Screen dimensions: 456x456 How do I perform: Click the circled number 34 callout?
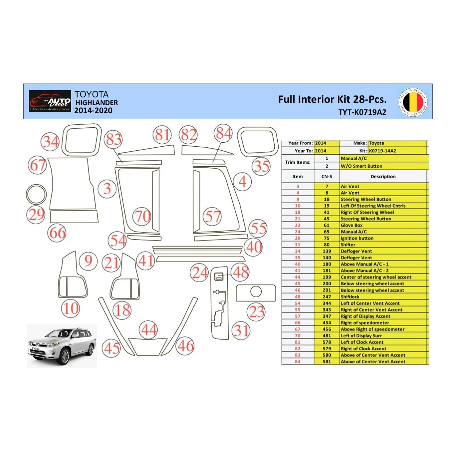[x=50, y=142]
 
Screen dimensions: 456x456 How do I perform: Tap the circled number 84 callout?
[x=223, y=134]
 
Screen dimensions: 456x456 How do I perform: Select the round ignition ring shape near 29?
[x=36, y=194]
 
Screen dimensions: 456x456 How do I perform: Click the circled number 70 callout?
[x=142, y=216]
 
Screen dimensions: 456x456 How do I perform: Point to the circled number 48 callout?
[x=241, y=272]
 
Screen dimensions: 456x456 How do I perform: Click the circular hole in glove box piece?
[x=256, y=291]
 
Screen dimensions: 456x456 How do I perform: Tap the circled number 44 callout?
[x=149, y=330]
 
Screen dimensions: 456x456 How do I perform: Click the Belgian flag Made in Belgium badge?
[x=413, y=102]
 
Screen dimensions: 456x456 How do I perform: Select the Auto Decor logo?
[x=50, y=101]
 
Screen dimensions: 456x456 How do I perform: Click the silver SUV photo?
[x=62, y=346]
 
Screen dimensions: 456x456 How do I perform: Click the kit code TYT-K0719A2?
[x=362, y=112]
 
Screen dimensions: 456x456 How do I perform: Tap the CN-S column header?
[x=327, y=177]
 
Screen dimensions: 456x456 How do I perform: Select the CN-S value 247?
[x=327, y=297]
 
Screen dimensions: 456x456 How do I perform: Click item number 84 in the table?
[x=298, y=362]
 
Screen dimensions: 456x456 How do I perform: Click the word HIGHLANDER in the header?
[x=97, y=103]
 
